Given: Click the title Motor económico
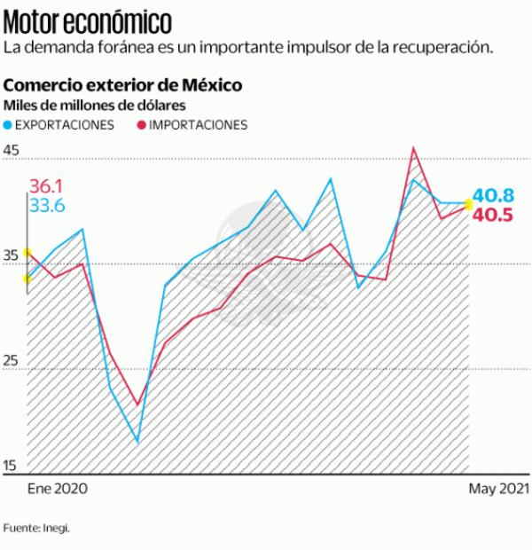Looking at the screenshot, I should click(x=88, y=20).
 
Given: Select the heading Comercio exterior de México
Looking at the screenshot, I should click(x=123, y=86).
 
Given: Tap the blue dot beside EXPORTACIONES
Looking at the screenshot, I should click(x=9, y=125).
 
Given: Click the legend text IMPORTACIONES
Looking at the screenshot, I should click(x=198, y=125).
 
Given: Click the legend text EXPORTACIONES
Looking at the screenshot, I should click(x=66, y=125).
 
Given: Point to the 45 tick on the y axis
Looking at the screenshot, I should click(x=12, y=151).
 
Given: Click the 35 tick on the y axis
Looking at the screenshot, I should click(x=12, y=256).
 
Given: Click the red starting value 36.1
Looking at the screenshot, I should click(x=47, y=186).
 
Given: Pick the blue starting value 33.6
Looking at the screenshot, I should click(x=47, y=206).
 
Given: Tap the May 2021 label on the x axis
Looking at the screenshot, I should click(x=498, y=489).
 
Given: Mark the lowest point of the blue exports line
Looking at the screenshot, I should click(x=137, y=442).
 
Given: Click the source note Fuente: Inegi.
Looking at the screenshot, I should click(x=36, y=528).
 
